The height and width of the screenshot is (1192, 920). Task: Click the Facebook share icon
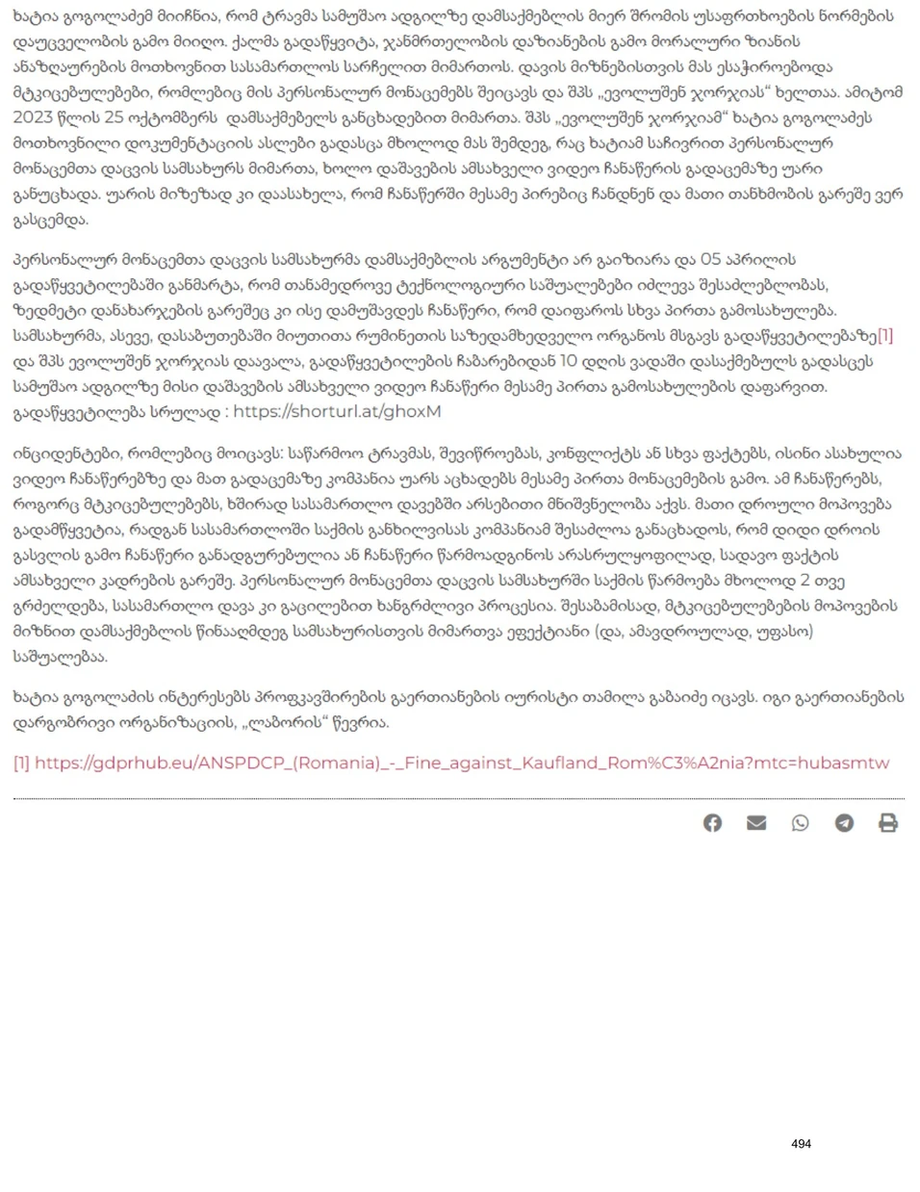coord(712,823)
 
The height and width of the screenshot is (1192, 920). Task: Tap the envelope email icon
coord(756,823)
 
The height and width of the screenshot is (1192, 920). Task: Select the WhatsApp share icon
coord(800,823)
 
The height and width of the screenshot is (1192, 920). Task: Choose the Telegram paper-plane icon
coord(844,823)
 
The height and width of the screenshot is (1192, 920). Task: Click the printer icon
coord(888,823)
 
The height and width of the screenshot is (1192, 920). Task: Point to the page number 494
coord(801,1144)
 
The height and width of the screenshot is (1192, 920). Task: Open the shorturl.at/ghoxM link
coord(337,412)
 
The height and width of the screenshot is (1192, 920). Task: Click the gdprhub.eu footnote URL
coord(462,764)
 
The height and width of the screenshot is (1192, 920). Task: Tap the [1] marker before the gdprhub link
coord(21,764)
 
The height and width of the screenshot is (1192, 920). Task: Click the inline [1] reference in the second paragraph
coord(884,336)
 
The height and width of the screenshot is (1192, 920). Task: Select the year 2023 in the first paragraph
coord(35,118)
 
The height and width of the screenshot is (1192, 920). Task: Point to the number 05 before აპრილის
coord(710,260)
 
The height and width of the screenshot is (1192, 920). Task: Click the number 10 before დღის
coord(568,362)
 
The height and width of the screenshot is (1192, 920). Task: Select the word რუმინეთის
coord(360,336)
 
